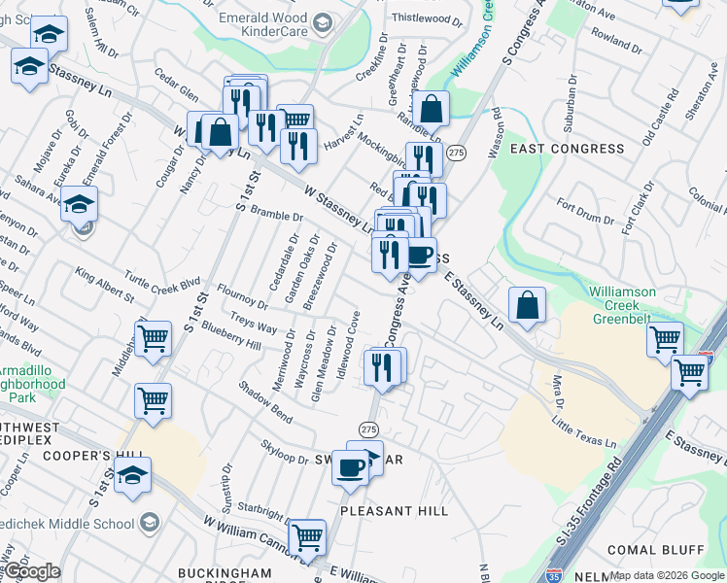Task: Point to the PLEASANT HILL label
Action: pos(394,510)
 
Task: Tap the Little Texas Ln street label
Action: pos(584,431)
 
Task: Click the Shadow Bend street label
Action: pos(266,401)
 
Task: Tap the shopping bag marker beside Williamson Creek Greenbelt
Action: pos(526,305)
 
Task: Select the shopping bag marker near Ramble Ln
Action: pos(432,109)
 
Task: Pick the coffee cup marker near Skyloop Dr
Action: pos(349,467)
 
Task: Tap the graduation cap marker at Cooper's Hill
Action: pos(133,474)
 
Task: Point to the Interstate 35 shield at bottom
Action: pos(554,574)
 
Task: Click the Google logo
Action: pos(31,572)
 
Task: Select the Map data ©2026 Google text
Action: pos(667,575)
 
